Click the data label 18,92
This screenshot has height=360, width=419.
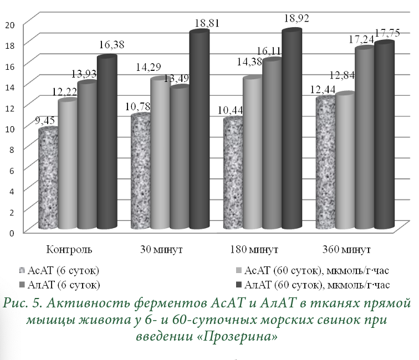point(297,18)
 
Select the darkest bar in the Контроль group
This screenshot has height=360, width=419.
point(107,144)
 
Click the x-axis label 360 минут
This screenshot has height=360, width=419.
point(348,248)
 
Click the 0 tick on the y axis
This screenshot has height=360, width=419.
point(11,232)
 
